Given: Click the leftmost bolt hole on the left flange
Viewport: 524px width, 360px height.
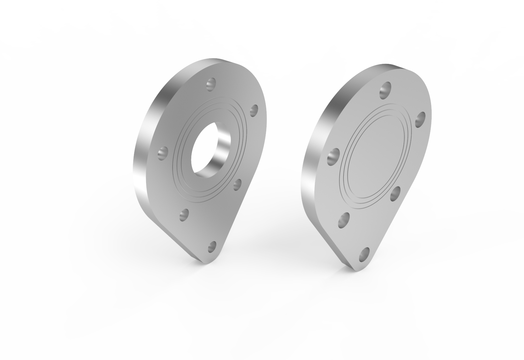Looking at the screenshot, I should [163, 153].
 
